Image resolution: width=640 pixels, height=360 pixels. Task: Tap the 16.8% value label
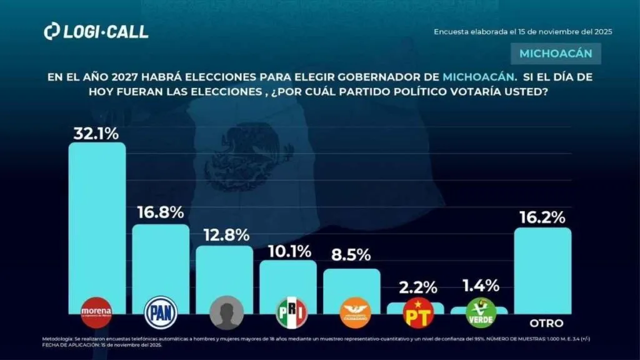(x=161, y=213)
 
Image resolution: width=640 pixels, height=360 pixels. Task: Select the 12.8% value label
(x=225, y=235)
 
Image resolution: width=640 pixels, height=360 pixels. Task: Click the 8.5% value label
(x=351, y=255)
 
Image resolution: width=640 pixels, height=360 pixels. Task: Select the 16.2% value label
(x=542, y=217)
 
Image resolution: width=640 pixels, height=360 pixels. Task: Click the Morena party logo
(x=97, y=311)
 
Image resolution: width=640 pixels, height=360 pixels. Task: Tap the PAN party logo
(x=161, y=311)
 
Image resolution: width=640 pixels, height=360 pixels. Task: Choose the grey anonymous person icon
(x=225, y=312)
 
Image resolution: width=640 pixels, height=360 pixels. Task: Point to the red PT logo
(x=418, y=312)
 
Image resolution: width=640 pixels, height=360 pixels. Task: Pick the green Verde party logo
(x=481, y=312)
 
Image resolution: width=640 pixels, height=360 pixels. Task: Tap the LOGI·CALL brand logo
(x=96, y=32)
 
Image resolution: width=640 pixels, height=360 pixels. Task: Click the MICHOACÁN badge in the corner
(x=556, y=54)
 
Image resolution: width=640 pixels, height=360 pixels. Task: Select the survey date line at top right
(x=522, y=32)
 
